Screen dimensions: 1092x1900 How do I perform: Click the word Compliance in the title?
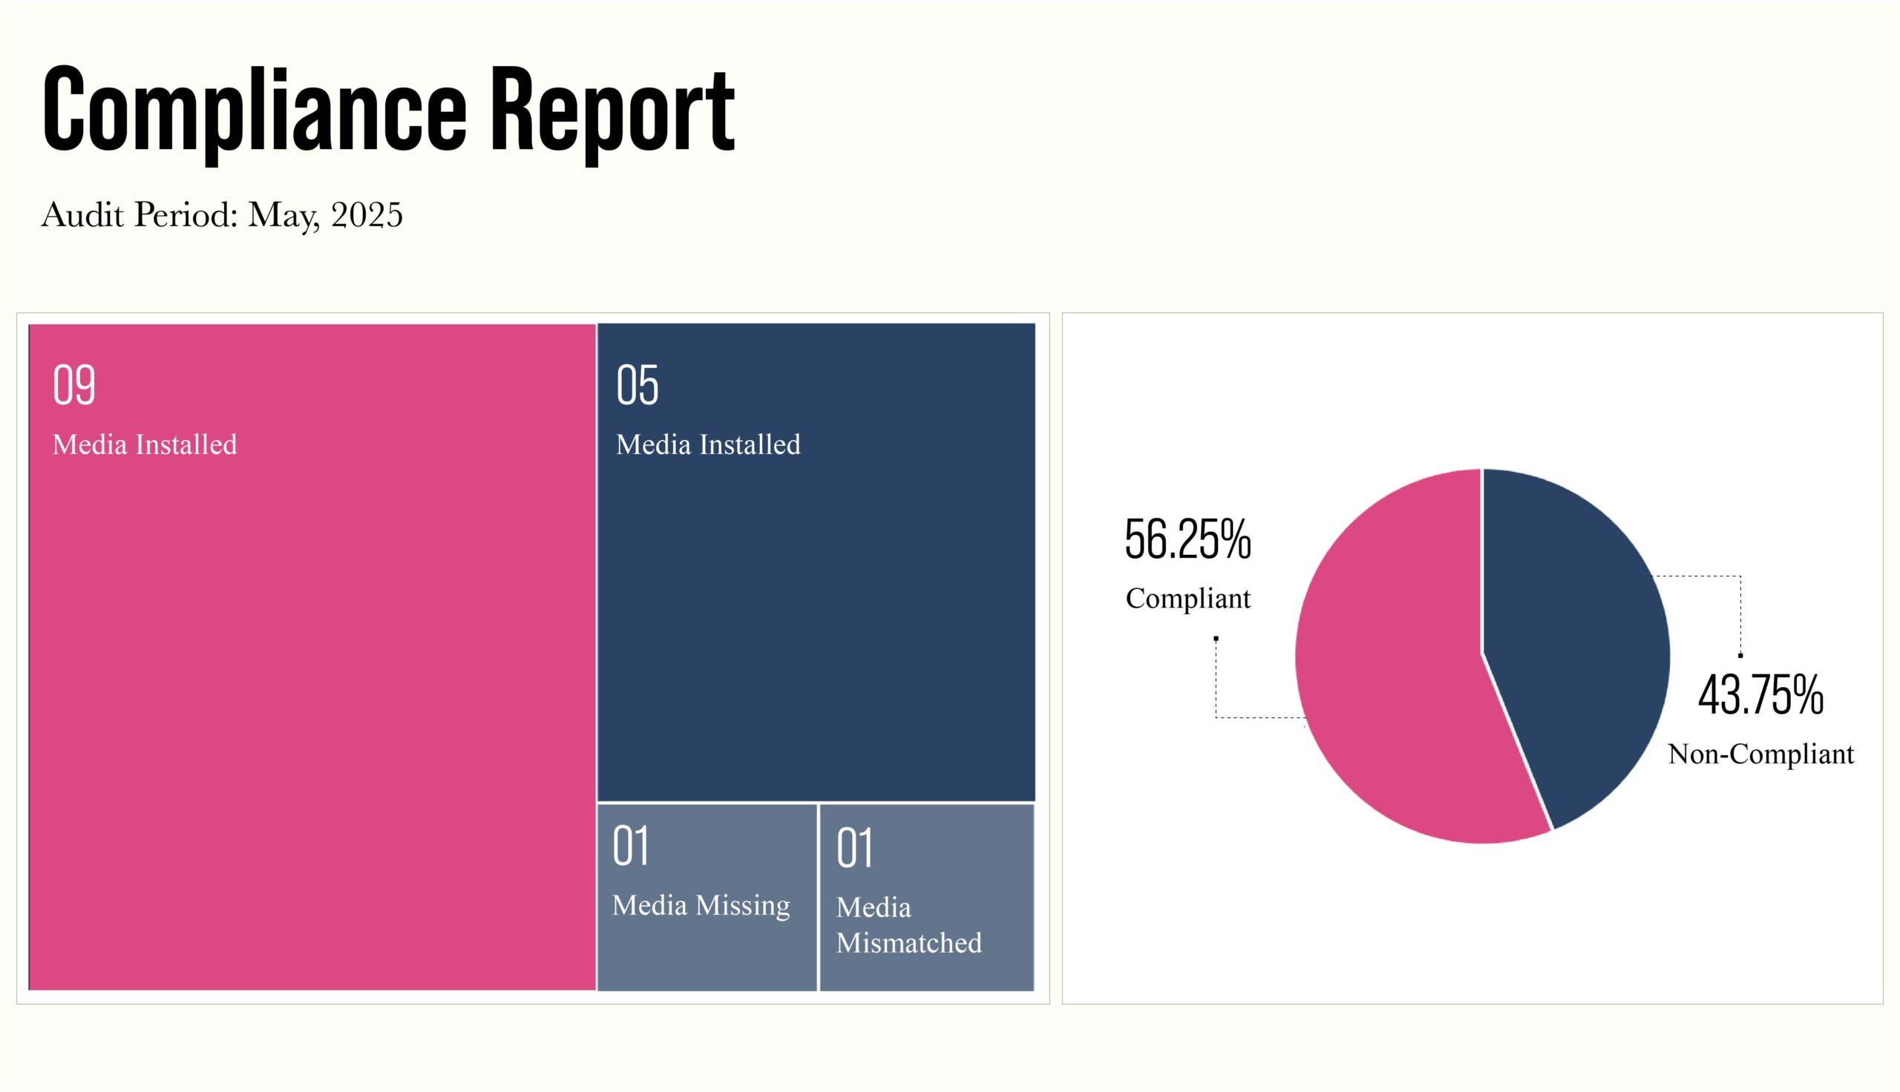coord(255,109)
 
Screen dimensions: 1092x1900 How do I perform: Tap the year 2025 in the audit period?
coord(367,215)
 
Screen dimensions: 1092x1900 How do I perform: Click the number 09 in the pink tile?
coord(74,386)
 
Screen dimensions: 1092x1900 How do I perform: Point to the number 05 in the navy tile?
coord(637,386)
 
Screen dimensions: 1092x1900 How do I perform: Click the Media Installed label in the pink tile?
coord(145,445)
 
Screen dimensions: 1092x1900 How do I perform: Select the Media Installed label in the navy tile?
coord(708,445)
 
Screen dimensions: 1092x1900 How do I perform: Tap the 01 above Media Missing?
coord(630,846)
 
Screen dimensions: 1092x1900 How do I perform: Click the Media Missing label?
coord(701,905)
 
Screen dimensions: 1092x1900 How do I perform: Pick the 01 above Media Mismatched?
coord(854,848)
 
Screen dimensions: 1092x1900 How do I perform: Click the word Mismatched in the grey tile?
coord(908,943)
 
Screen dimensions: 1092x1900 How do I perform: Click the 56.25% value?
coord(1187,540)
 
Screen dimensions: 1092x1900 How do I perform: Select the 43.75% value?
coord(1760,695)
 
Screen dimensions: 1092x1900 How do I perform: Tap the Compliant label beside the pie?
coord(1187,599)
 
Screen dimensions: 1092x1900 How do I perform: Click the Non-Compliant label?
coord(1760,754)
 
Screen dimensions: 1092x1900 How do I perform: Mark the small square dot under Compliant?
coord(1216,639)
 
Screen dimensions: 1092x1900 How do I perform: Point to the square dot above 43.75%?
coord(1740,656)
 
